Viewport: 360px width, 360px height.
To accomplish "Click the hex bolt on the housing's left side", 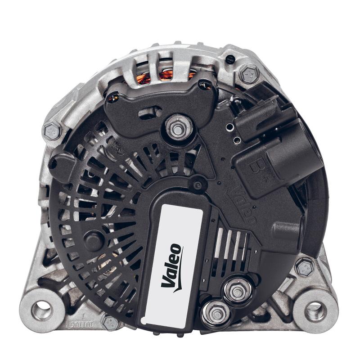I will tap(52, 131).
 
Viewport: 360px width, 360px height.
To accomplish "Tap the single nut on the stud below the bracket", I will tap(179, 127).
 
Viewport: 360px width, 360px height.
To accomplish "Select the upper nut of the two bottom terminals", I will tap(236, 290).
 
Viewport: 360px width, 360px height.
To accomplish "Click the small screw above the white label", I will tap(197, 185).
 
